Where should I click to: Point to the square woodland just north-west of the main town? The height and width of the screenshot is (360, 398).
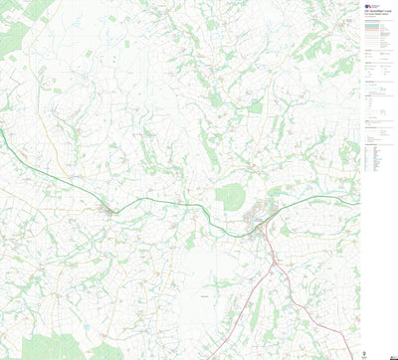point(231,196)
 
